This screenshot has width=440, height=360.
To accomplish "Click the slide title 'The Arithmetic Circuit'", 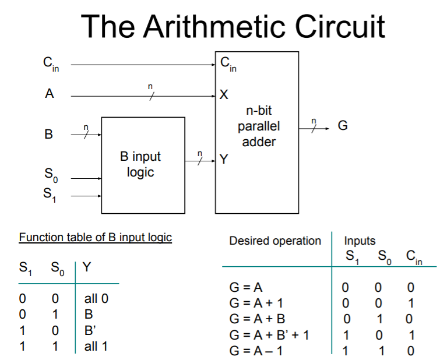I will (233, 26).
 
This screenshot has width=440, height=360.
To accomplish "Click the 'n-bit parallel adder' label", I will (258, 126).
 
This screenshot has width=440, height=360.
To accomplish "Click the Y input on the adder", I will (224, 158).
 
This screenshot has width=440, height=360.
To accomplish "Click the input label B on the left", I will (49, 135).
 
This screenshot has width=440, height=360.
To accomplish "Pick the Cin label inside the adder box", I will (228, 64).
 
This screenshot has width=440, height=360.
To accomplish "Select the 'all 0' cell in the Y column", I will (96, 299).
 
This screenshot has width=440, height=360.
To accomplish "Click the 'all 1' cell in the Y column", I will (96, 347).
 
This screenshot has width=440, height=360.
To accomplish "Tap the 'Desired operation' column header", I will (274, 241).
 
